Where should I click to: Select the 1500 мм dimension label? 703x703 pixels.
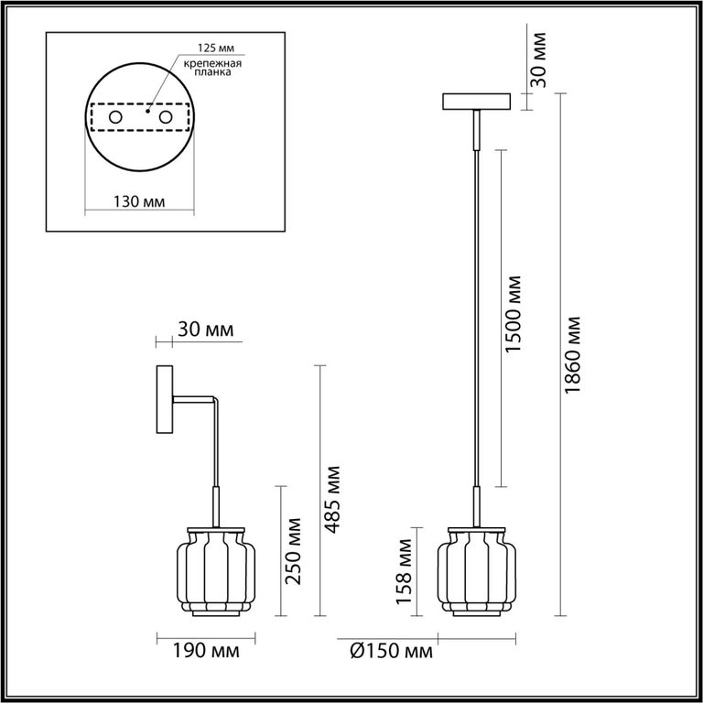(x=513, y=314)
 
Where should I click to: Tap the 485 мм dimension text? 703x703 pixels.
(x=332, y=500)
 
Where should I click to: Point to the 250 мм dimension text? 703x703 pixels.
(x=294, y=551)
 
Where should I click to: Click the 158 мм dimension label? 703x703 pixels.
(x=404, y=571)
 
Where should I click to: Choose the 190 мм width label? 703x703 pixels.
(x=206, y=651)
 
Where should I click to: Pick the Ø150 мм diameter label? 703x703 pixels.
(x=392, y=651)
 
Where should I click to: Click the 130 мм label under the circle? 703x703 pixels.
(x=139, y=201)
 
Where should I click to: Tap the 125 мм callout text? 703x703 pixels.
(x=217, y=48)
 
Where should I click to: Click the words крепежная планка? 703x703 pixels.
(x=212, y=68)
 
